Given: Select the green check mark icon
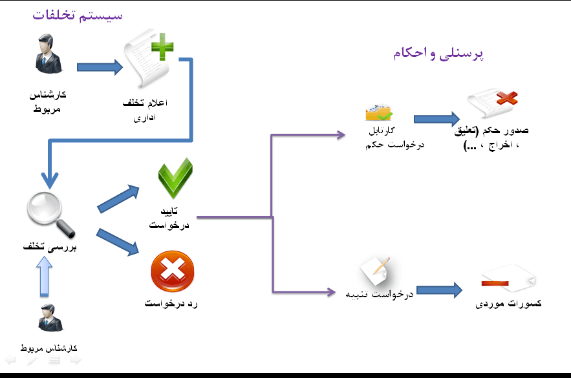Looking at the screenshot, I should point(175,179).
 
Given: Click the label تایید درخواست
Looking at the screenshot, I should point(169,218).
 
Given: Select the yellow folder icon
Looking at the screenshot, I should point(379,112).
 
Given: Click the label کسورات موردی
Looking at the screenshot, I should point(508,304).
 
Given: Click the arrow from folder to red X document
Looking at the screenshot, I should point(436,119).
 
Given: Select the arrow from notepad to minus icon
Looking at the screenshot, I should point(439,290).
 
